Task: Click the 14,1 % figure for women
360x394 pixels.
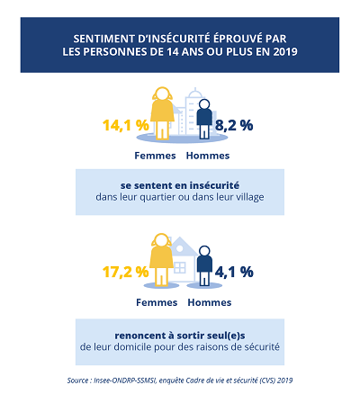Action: point(126,125)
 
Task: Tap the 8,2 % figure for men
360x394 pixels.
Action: point(234,125)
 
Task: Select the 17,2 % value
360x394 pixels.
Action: point(125,272)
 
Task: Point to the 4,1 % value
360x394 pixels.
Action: point(234,272)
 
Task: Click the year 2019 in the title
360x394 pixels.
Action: point(285,51)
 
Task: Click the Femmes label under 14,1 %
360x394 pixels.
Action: point(155,156)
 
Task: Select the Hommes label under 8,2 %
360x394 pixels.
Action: point(208,156)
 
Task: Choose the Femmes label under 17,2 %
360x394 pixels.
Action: point(157,302)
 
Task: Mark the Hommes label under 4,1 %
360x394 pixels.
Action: point(210,302)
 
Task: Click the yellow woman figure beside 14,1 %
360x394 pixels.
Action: point(162,113)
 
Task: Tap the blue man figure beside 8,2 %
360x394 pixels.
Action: point(204,119)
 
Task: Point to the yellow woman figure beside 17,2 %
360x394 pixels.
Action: point(161,260)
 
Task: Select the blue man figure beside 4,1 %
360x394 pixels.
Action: point(204,266)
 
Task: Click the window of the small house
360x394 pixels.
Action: point(180,267)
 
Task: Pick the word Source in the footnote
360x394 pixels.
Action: point(77,381)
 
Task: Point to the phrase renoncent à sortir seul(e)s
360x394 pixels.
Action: point(180,336)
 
